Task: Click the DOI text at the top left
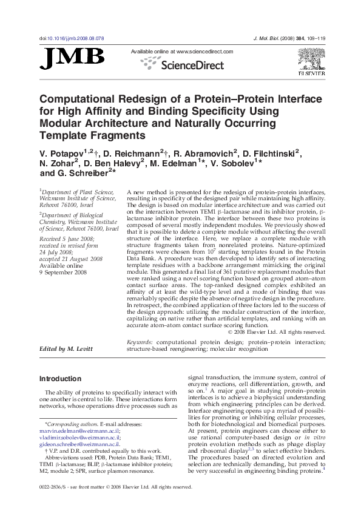click(72, 38)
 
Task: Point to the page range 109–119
click(315, 38)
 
